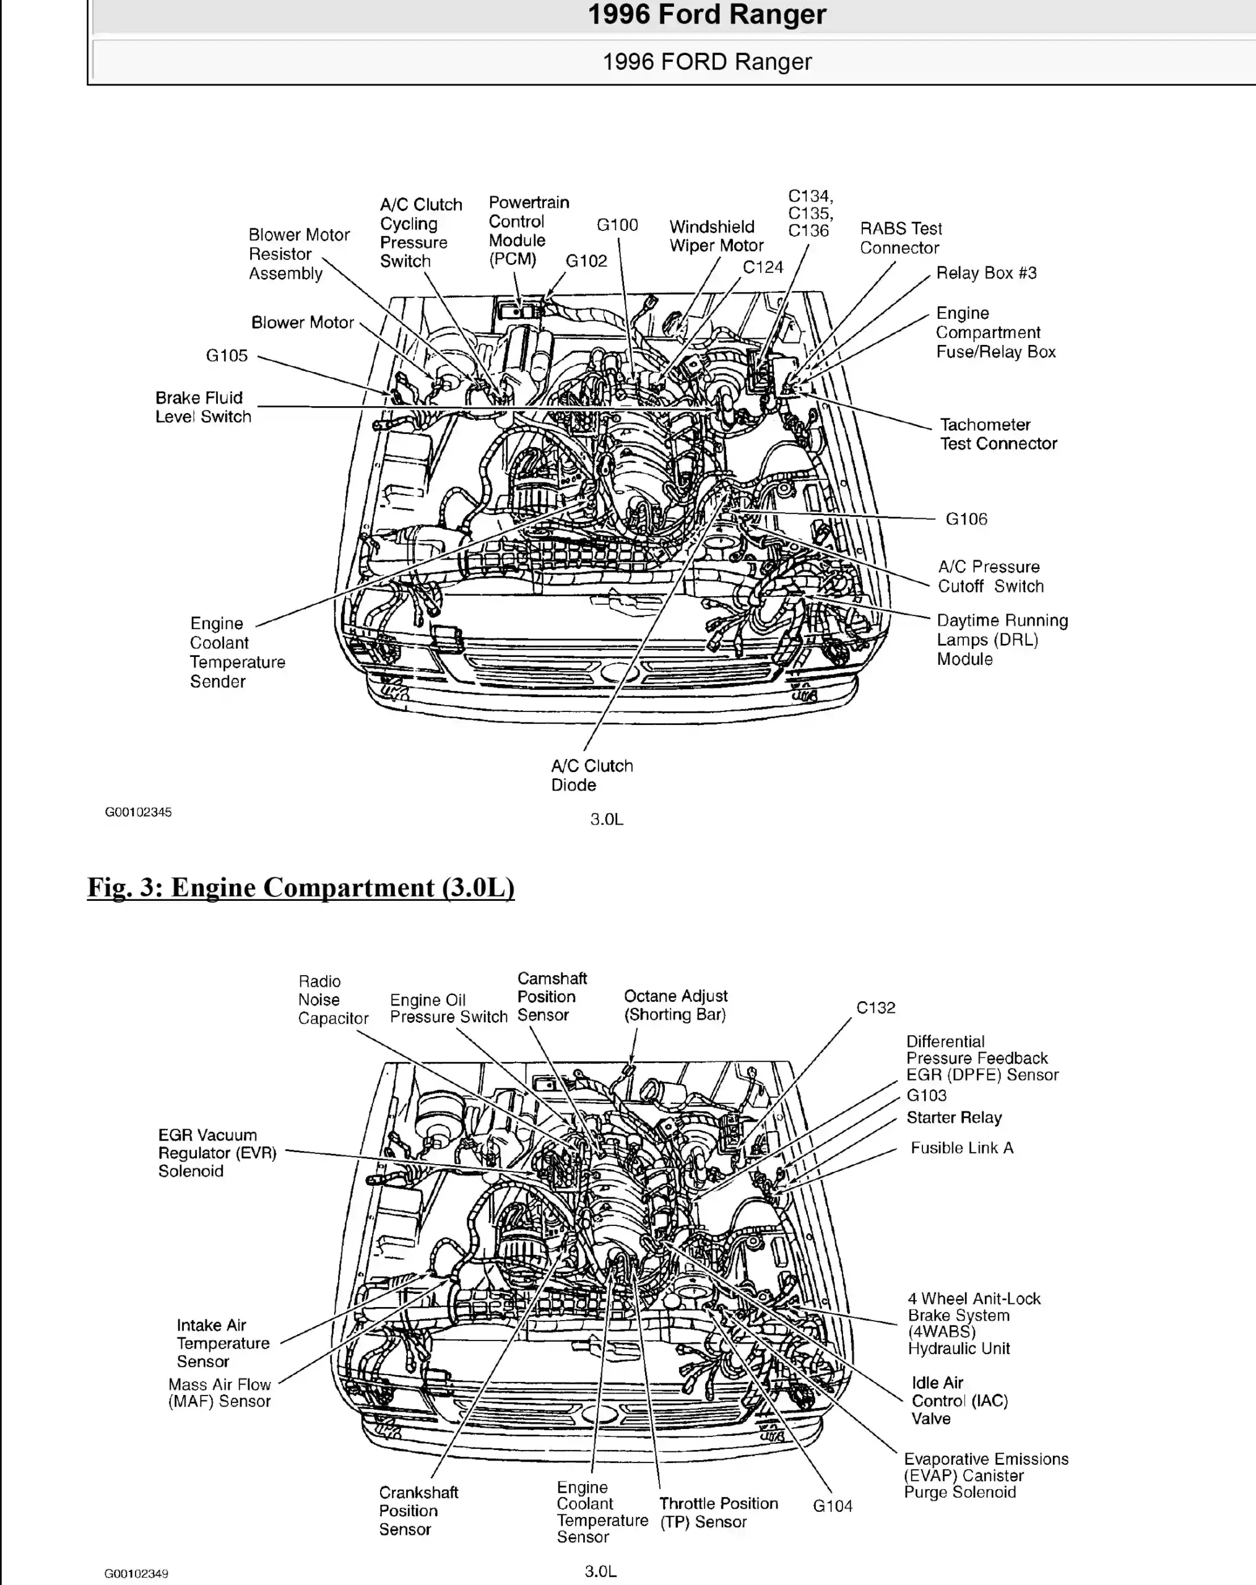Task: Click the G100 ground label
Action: coord(617,225)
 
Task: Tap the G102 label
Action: coord(586,261)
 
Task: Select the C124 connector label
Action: coord(762,267)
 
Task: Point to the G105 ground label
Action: coord(227,356)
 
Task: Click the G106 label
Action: coord(966,519)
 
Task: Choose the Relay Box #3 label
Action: coord(985,273)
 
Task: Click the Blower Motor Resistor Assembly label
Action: coord(298,254)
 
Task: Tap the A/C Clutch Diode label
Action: coord(592,775)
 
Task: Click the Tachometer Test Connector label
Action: coord(998,434)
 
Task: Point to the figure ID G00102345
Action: coord(138,812)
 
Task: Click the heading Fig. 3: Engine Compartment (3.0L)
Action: coord(301,887)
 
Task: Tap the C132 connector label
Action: coord(875,1008)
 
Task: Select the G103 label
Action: coord(926,1095)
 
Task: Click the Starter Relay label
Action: coord(954,1118)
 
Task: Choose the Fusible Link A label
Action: coord(961,1148)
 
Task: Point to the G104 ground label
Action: coord(832,1506)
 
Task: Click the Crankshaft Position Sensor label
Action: coord(418,1510)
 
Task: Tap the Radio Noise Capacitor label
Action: coord(332,1000)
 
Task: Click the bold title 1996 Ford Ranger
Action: coord(706,15)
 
